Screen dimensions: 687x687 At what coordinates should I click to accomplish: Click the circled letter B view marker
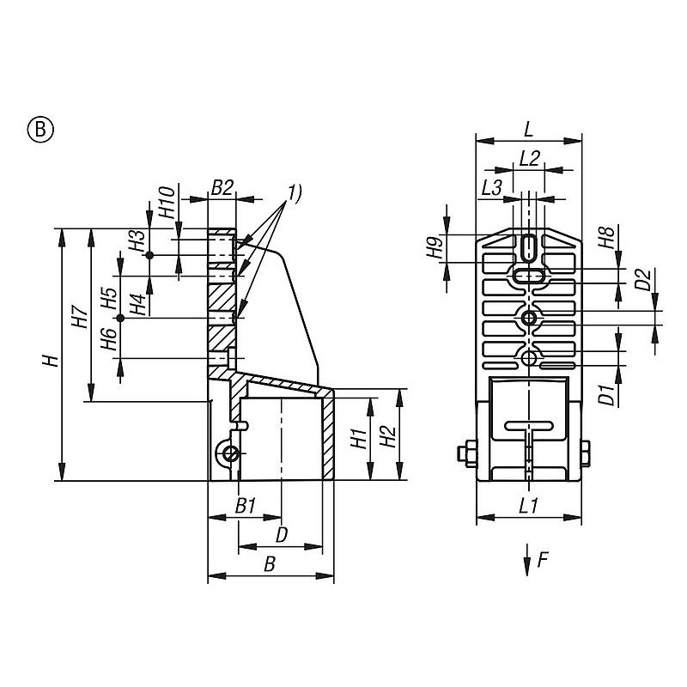[x=40, y=130]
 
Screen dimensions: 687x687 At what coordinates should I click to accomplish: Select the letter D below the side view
[x=280, y=534]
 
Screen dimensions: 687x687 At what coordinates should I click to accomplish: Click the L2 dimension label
[x=530, y=158]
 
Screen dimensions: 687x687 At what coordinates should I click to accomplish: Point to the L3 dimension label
[x=492, y=186]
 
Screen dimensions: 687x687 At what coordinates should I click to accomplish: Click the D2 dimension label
[x=641, y=280]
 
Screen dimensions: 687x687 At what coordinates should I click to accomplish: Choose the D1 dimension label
[x=606, y=394]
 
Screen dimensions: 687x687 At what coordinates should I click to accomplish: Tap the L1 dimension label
[x=529, y=507]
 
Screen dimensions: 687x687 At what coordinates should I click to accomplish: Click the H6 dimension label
[x=108, y=342]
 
